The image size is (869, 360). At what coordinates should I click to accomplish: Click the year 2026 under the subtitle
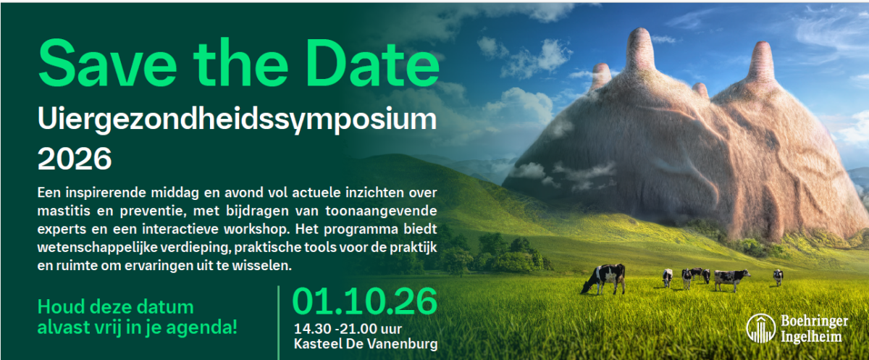tap(75, 158)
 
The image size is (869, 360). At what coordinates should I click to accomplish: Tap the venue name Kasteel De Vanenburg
tap(366, 344)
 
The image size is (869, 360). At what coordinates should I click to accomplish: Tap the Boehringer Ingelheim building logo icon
tap(760, 328)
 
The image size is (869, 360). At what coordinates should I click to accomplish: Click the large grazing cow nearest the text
tap(604, 277)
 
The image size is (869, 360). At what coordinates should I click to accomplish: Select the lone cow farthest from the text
tap(777, 276)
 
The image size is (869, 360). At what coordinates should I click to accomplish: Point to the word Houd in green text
tap(57, 306)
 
